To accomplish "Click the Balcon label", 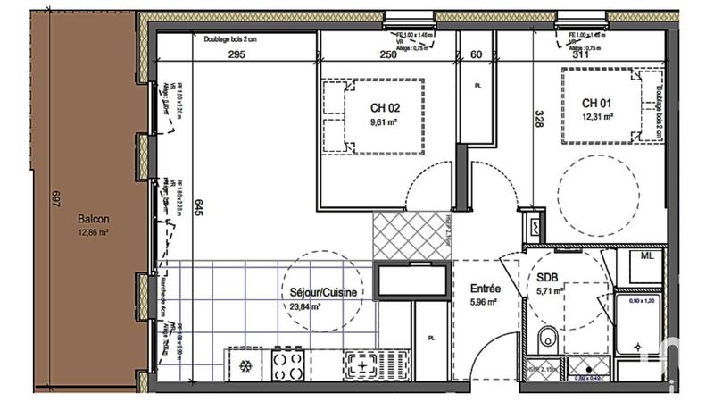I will [93, 218].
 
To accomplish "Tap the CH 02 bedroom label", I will [385, 109].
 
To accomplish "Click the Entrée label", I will [486, 289].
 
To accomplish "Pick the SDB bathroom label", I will [551, 277].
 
